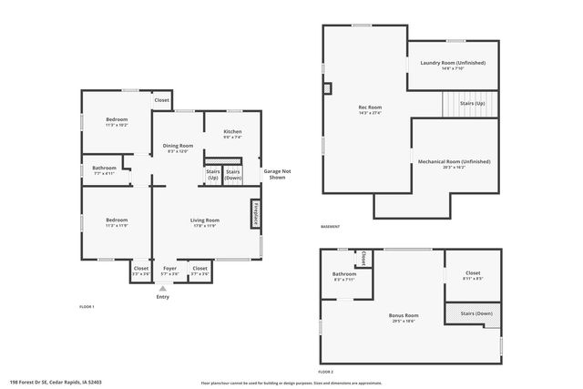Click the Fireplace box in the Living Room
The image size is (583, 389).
pos(256,213)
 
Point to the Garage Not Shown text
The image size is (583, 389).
pos(277,174)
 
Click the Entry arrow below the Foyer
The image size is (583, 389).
pos(163,289)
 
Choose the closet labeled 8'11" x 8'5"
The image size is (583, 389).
pos(472,274)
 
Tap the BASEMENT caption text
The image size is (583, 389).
pos(330,227)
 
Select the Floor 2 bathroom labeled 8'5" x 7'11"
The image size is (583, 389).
pos(343,276)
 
